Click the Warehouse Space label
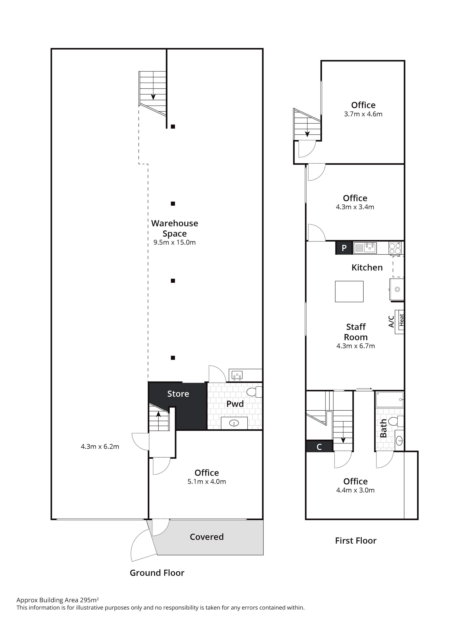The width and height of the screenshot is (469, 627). click(174, 228)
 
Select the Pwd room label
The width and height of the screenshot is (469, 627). click(235, 404)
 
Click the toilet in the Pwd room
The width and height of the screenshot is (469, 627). click(254, 392)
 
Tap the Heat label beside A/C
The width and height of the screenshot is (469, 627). click(401, 320)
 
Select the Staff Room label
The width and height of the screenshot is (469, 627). click(356, 332)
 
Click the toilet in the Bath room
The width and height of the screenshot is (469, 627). click(396, 421)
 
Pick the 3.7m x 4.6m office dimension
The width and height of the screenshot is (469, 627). click(363, 114)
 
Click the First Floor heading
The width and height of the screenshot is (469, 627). click(356, 540)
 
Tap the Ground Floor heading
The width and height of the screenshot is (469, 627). click(157, 573)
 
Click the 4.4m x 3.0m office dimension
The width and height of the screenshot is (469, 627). click(355, 490)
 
